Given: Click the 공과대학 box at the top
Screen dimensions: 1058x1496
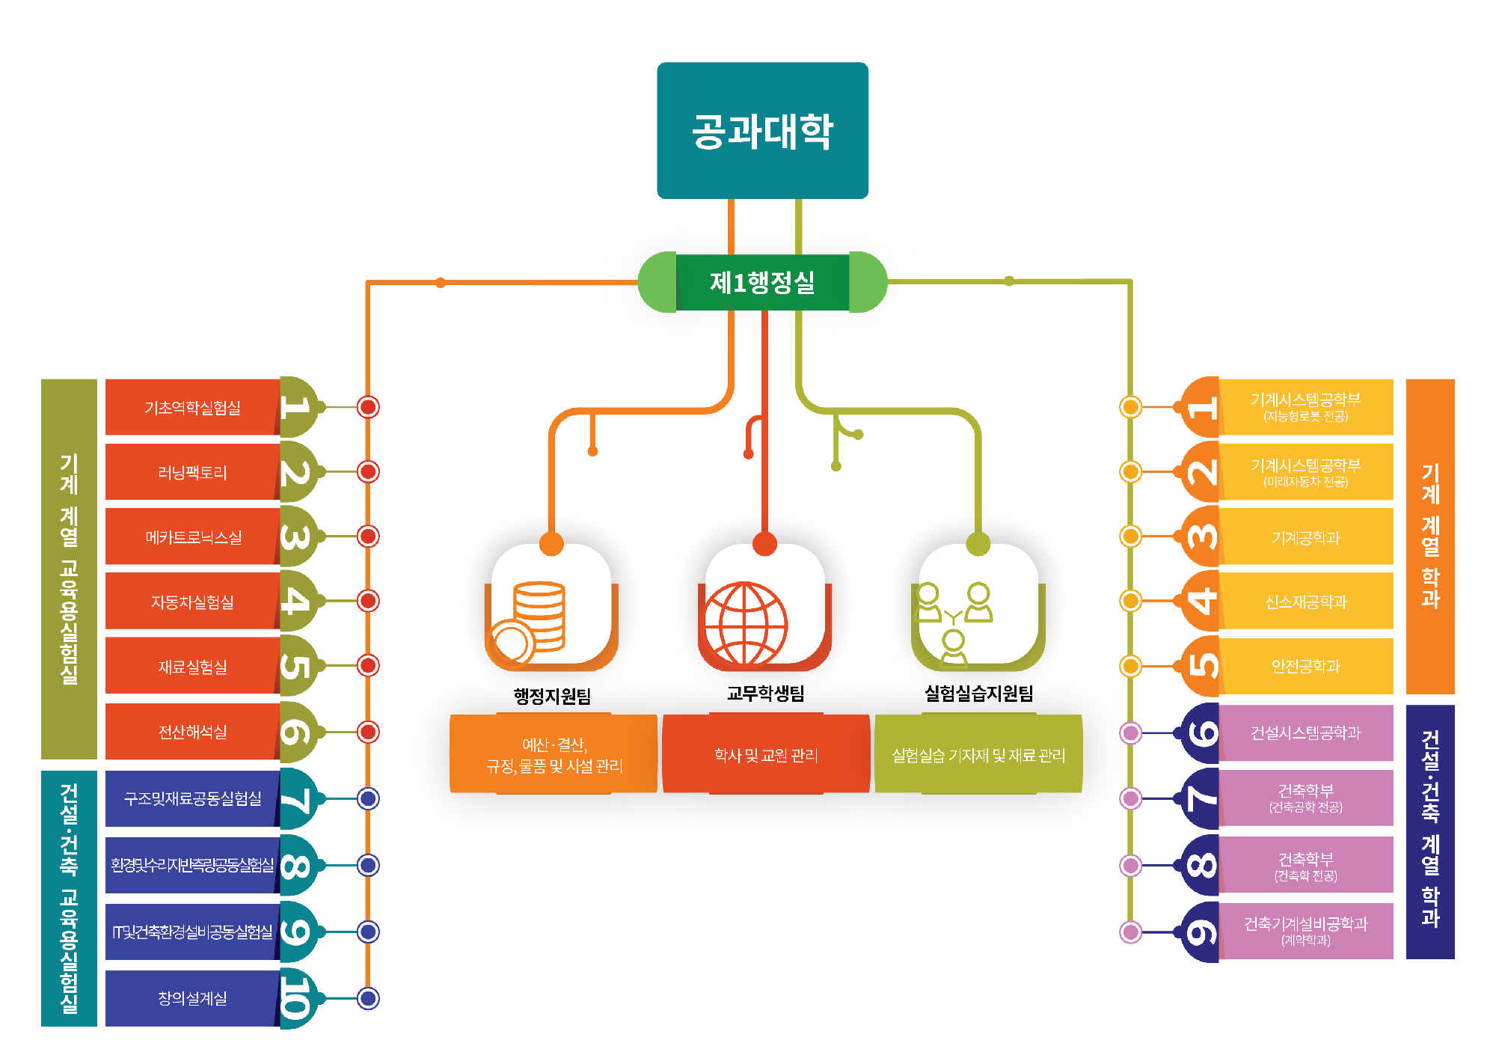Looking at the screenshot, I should point(762,130).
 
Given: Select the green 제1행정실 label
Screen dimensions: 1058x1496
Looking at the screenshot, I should point(762,282).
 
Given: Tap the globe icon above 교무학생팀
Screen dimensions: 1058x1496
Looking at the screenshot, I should point(745,623).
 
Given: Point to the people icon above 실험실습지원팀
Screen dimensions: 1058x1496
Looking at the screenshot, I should point(953,623).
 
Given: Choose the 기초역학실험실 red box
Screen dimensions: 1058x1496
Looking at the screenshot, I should point(192,407).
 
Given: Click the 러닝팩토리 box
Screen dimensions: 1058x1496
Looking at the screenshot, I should point(192,472).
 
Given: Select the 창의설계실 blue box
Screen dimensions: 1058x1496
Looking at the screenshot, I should point(192,998).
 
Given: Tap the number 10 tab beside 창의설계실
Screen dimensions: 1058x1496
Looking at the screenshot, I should point(297,998).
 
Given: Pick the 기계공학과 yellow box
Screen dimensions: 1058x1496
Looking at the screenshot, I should point(1306,537).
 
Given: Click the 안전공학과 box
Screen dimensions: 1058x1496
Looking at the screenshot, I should point(1306,666).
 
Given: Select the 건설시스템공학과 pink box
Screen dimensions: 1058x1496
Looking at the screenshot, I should point(1306,733).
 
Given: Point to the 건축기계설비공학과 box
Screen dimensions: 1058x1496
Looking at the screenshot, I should point(1306,931).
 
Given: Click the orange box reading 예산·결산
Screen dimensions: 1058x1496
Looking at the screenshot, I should point(554,754).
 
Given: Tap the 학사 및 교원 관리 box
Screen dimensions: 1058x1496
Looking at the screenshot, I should point(766,754).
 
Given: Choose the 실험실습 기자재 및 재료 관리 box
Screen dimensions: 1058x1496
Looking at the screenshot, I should point(978,754).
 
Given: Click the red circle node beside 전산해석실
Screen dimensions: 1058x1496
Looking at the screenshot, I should point(368,732).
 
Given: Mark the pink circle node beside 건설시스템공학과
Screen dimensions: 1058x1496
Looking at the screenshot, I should point(1130,733).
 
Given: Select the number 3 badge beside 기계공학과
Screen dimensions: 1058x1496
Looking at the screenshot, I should point(1202,536).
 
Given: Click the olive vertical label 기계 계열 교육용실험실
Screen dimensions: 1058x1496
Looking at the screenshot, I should point(69,569).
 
